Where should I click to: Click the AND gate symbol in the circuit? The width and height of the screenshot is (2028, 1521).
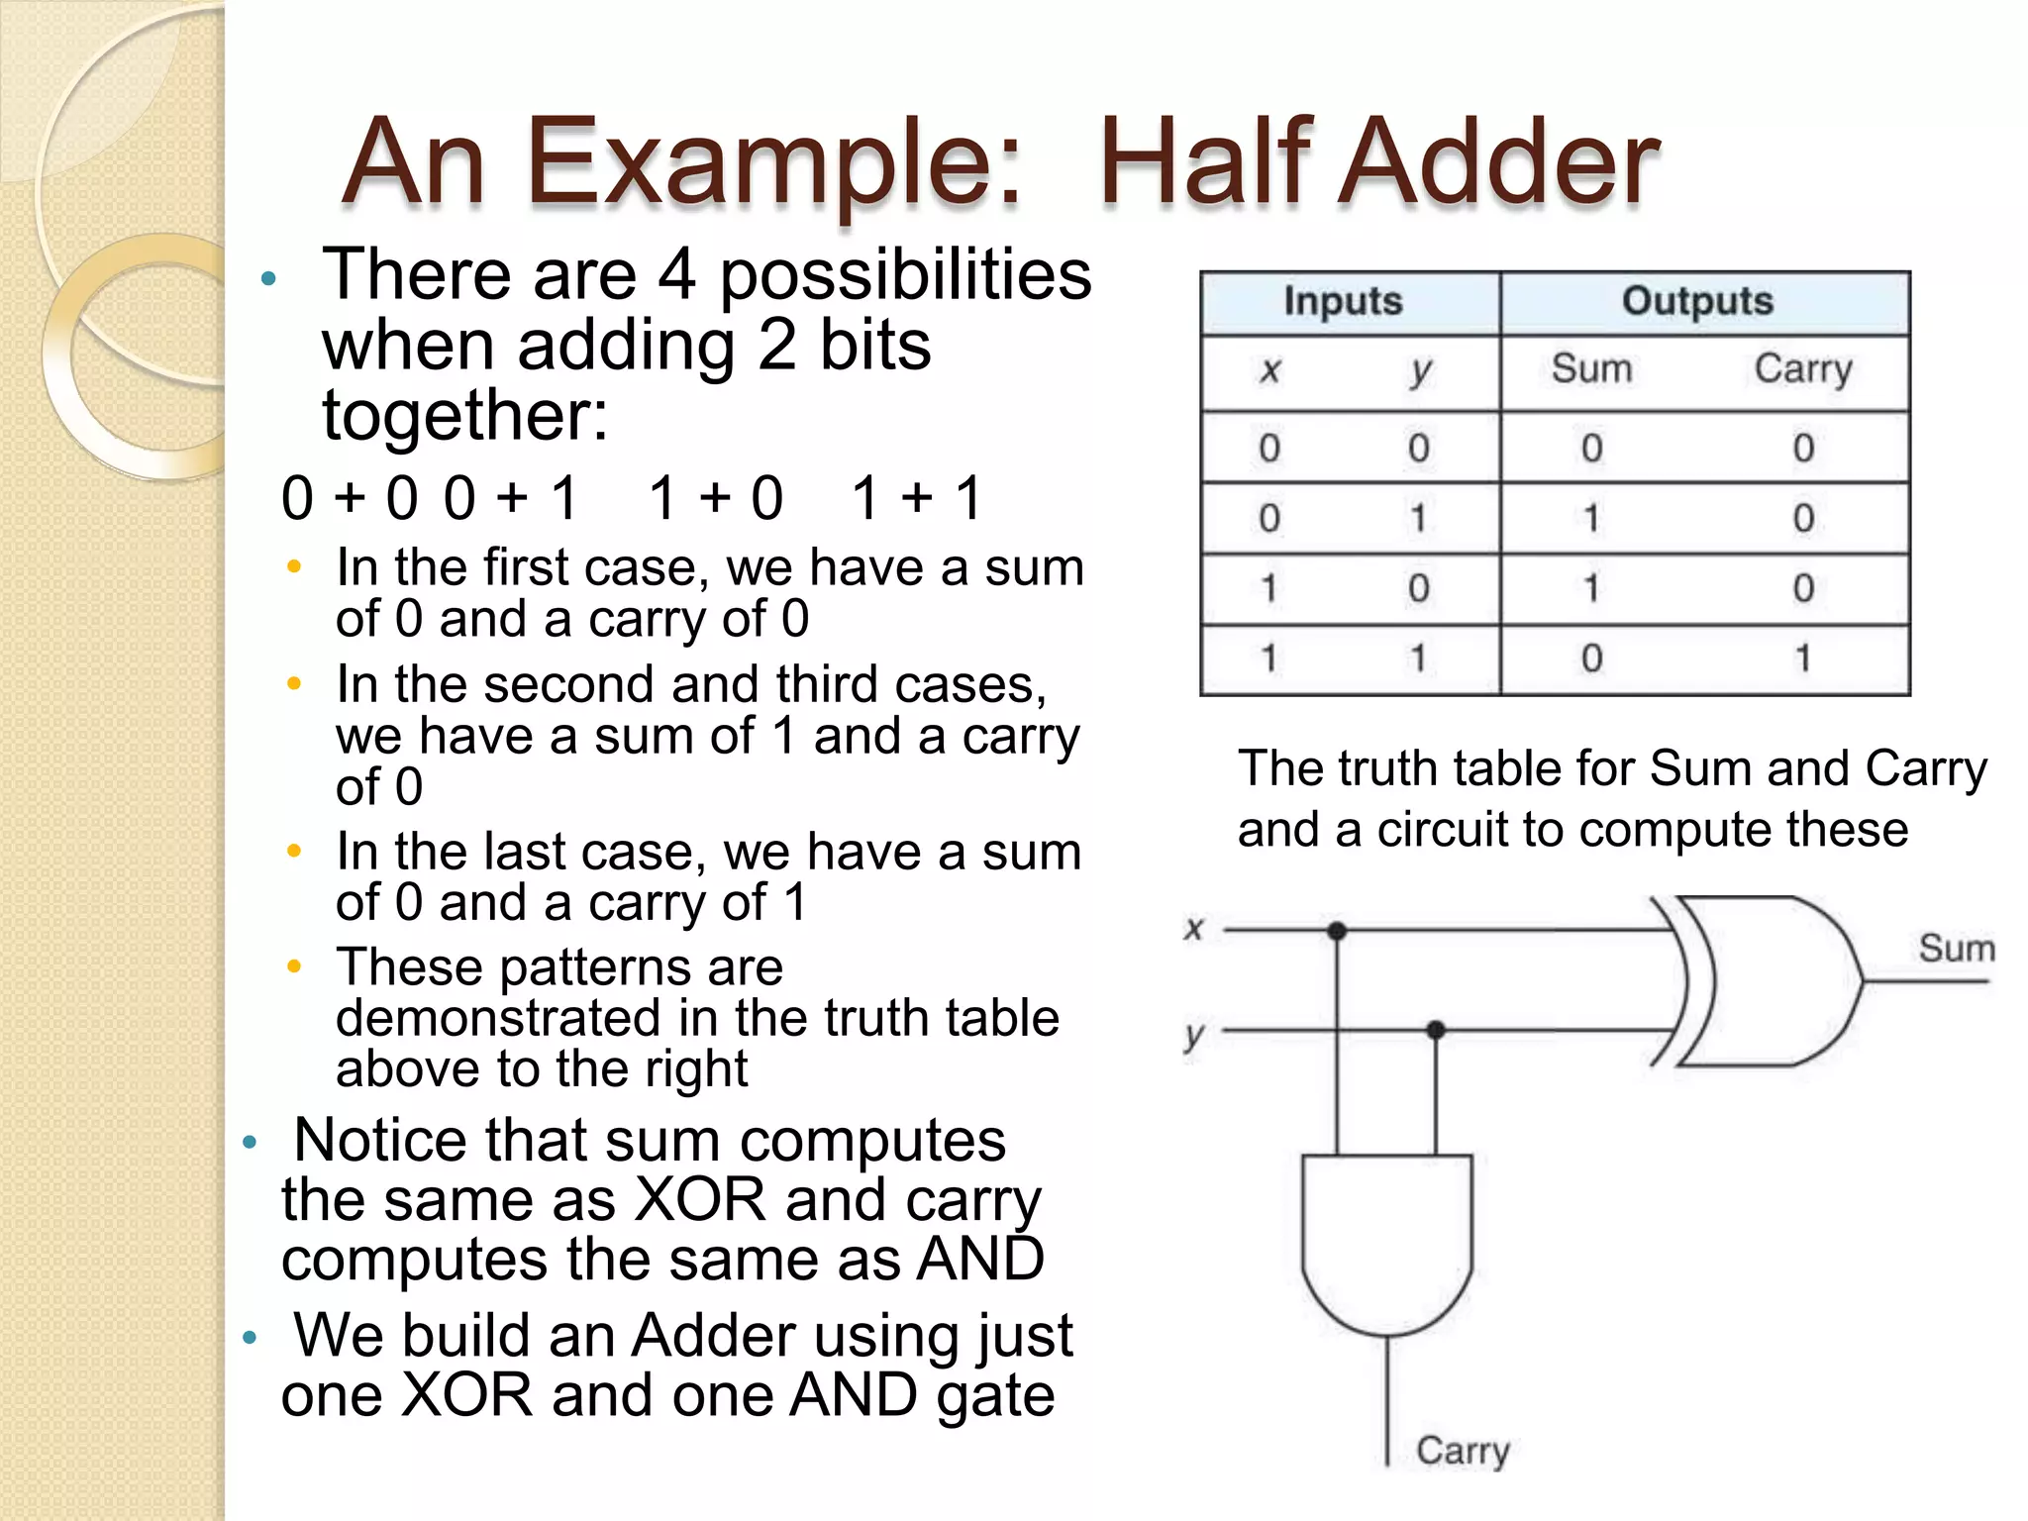tap(1386, 1243)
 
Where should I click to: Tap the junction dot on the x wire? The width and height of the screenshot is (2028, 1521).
tap(1337, 931)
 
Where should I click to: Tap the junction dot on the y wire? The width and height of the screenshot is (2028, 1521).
tap(1436, 1031)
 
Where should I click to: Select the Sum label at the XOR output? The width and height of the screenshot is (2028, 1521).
tap(1957, 949)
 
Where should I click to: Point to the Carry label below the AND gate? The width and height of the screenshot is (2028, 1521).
tap(1463, 1451)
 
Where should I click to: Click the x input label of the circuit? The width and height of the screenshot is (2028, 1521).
tap(1194, 929)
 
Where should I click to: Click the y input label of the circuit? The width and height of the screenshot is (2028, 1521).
tap(1194, 1035)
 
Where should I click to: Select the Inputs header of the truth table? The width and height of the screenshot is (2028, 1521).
tap(1343, 301)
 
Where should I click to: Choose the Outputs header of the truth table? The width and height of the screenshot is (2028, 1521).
tap(1697, 301)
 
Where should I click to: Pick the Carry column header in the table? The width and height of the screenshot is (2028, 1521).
tap(1803, 369)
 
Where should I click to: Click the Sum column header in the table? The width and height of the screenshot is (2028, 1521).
tap(1591, 369)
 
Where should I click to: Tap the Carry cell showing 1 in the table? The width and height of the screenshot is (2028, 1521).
tap(1803, 659)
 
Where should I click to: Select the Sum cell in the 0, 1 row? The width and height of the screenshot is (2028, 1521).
tap(1591, 518)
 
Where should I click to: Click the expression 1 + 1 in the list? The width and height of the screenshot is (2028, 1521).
tap(916, 497)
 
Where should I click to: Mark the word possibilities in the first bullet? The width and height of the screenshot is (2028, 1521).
tap(905, 274)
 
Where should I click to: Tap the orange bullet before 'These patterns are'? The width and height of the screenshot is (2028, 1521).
tap(294, 966)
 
